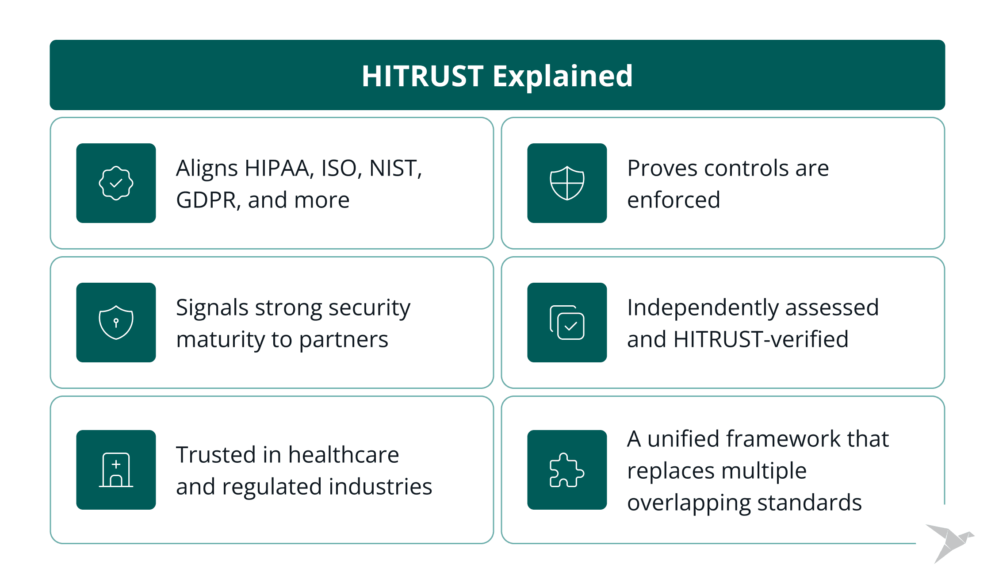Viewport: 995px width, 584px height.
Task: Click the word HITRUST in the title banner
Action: [422, 76]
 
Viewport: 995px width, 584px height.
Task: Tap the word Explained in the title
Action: [563, 77]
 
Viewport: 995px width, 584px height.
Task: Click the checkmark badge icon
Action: [116, 183]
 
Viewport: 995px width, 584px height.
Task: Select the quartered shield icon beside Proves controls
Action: [567, 183]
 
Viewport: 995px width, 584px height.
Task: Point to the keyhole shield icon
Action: [116, 323]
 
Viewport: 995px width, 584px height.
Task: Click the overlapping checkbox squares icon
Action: [567, 323]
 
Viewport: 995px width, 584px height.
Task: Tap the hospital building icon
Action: [116, 470]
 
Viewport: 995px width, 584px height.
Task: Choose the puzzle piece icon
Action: [567, 470]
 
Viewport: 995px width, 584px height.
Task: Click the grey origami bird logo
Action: [950, 543]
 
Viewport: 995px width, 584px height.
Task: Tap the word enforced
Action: [674, 200]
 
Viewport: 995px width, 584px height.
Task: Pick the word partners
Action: [344, 340]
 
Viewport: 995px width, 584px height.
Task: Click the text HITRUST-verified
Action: [761, 339]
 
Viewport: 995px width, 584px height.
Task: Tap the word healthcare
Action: [344, 455]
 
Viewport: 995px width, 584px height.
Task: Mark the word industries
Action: [380, 487]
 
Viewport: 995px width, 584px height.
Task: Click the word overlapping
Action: [689, 503]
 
